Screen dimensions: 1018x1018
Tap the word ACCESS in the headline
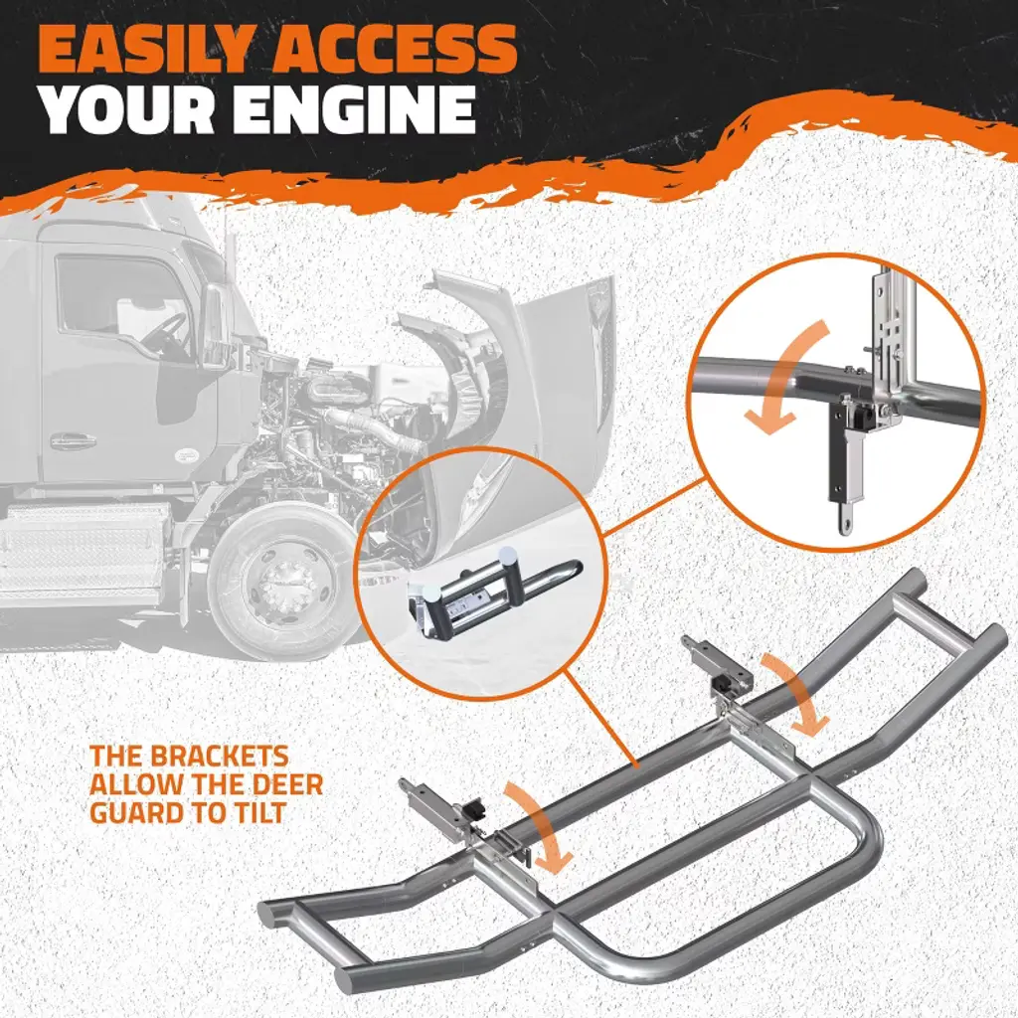tap(395, 50)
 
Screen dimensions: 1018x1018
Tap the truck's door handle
tap(74, 441)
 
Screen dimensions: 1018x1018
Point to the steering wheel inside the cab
tap(165, 332)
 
